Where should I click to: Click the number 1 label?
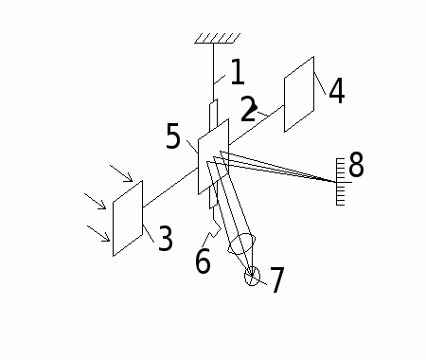pos(238,72)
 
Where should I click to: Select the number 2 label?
pos(248,109)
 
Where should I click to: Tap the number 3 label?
pos(166,238)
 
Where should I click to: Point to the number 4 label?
pos(337,91)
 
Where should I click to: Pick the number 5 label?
pos(173,136)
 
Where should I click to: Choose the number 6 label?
pos(203,261)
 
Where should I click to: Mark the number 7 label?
pos(277,279)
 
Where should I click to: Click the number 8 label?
pos(356,164)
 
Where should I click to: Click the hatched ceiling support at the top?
pos(218,38)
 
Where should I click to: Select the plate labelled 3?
pos(128,218)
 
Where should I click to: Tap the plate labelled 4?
pos(299,94)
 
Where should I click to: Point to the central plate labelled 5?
pos(214,156)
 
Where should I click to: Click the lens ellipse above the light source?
pos(241,243)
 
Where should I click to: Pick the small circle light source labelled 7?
pos(252,276)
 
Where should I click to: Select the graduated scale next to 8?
pos(341,182)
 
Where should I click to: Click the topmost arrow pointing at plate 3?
pos(121,173)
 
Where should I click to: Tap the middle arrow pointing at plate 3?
pos(95,201)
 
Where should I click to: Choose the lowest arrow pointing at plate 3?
pos(98,233)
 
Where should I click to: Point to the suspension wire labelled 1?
pos(213,71)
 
